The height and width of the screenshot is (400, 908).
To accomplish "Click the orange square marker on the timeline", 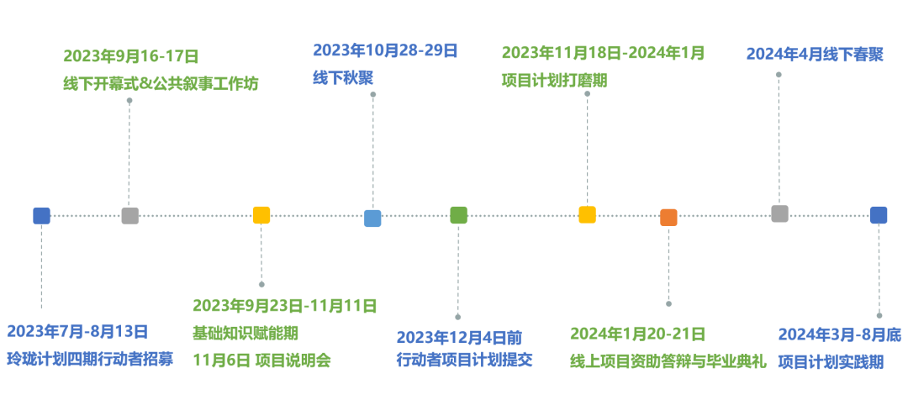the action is pyautogui.click(x=668, y=218).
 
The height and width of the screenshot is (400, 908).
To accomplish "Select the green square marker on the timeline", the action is pyautogui.click(x=458, y=215).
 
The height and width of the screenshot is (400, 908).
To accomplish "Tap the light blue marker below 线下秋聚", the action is pyautogui.click(x=372, y=218).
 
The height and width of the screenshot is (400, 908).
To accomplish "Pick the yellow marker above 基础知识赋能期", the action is pyautogui.click(x=261, y=215).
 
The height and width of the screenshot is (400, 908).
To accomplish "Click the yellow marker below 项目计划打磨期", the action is pyautogui.click(x=587, y=215).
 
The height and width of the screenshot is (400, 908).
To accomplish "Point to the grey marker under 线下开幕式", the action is pyautogui.click(x=129, y=216).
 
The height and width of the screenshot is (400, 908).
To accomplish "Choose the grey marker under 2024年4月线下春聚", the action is pyautogui.click(x=779, y=213).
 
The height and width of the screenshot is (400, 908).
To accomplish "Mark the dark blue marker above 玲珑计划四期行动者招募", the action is pyautogui.click(x=41, y=216).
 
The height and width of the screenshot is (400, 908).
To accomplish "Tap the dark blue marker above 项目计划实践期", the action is pyautogui.click(x=879, y=215).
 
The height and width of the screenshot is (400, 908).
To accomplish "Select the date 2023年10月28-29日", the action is pyautogui.click(x=385, y=50).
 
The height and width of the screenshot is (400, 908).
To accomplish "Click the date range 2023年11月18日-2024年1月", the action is pyautogui.click(x=603, y=53).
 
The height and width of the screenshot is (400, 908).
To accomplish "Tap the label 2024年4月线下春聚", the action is pyautogui.click(x=815, y=55).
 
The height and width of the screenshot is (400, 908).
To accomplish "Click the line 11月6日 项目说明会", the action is pyautogui.click(x=261, y=361).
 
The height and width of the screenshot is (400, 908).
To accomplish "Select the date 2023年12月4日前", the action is pyautogui.click(x=459, y=338).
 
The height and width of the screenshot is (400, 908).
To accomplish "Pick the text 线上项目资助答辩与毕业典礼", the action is pyautogui.click(x=668, y=361).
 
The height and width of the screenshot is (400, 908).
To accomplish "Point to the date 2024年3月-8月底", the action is pyautogui.click(x=839, y=335).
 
